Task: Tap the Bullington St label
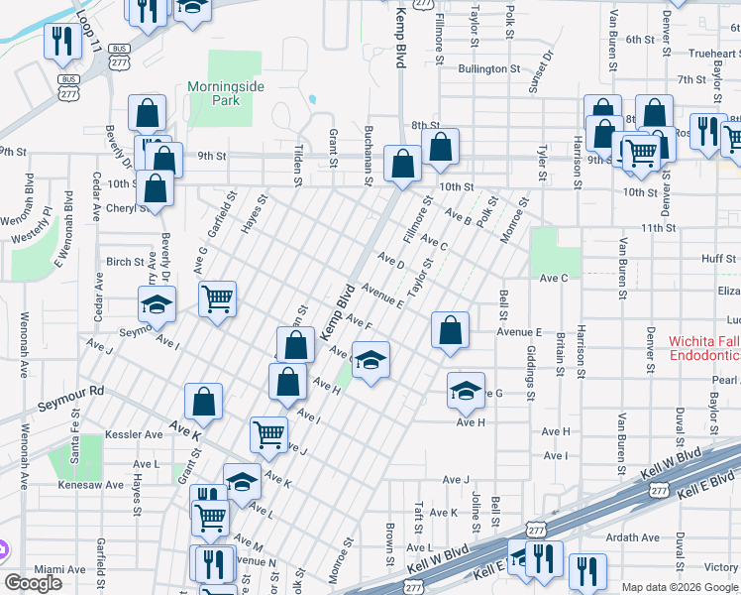489,68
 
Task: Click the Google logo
33,583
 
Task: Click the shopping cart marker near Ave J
268,432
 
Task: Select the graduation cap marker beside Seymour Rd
157,303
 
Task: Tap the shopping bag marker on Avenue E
450,330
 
